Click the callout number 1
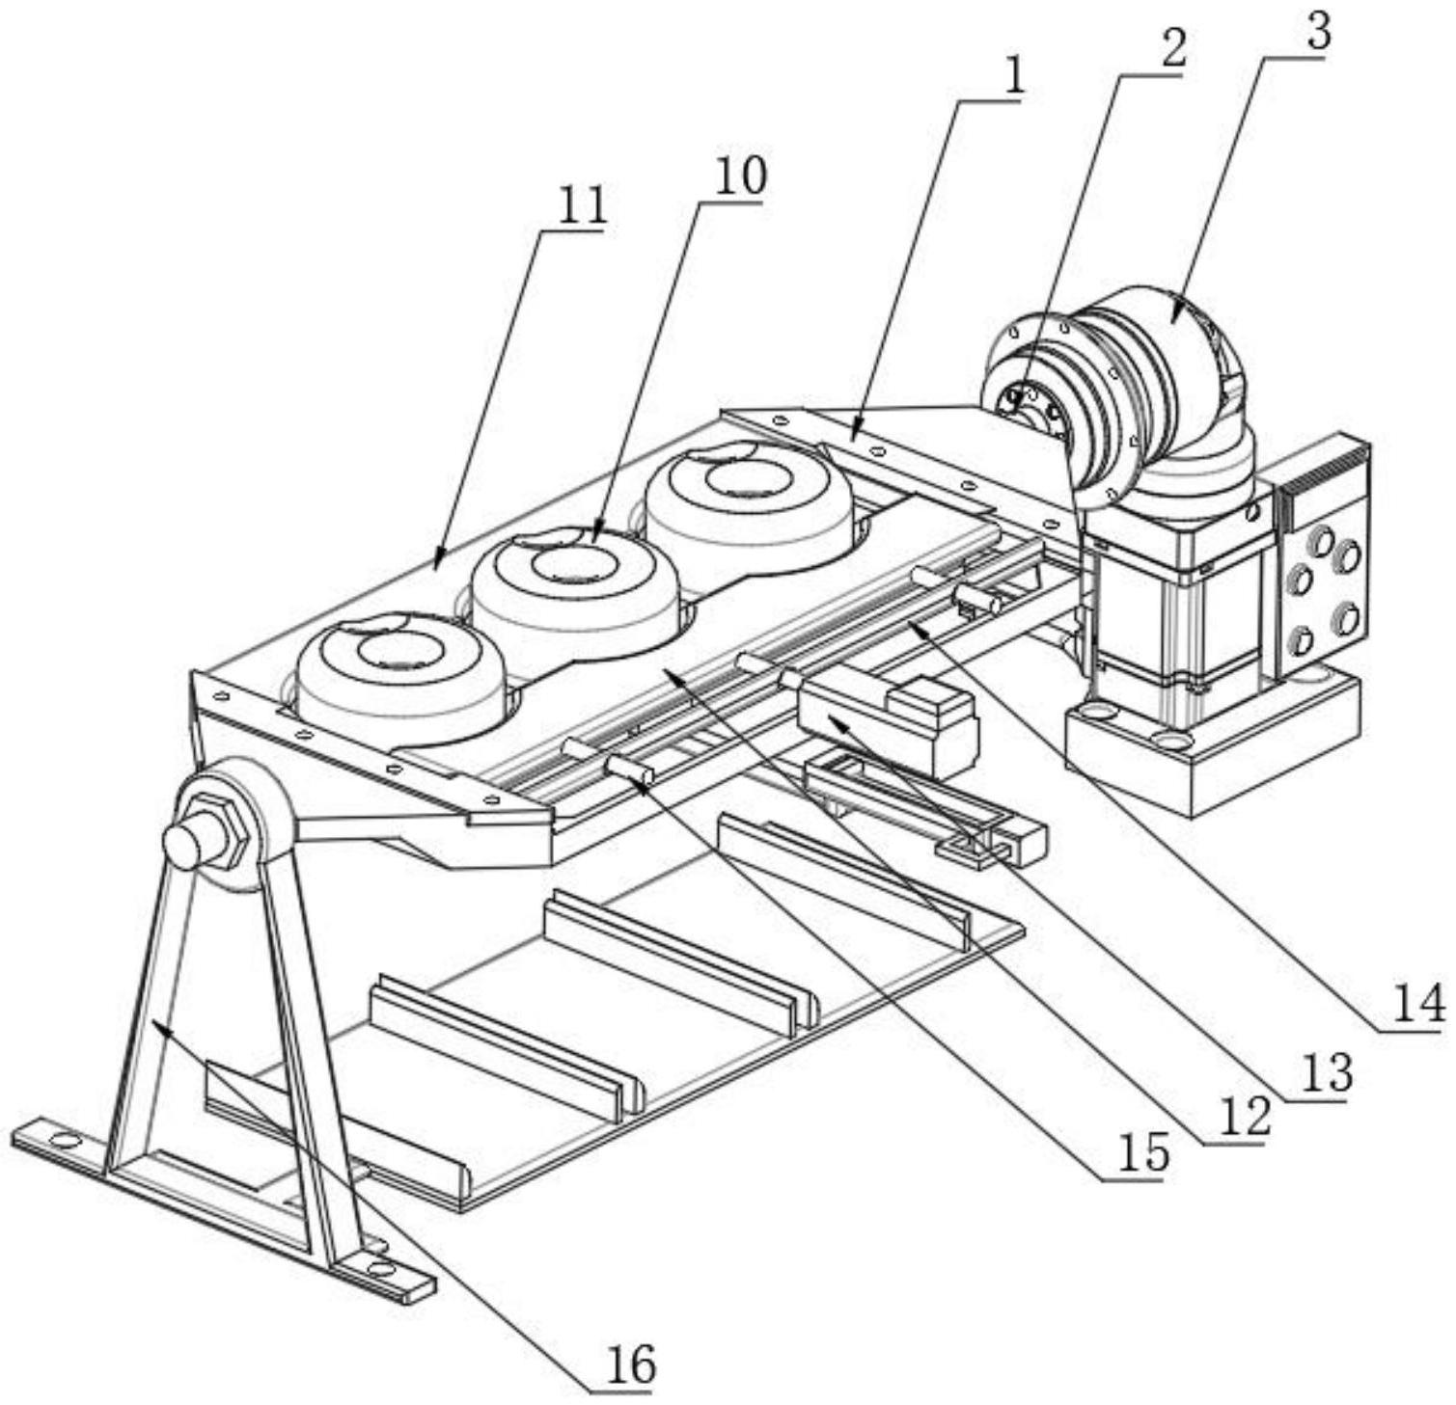point(1013,78)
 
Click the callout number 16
point(631,1364)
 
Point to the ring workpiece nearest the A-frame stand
point(402,670)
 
